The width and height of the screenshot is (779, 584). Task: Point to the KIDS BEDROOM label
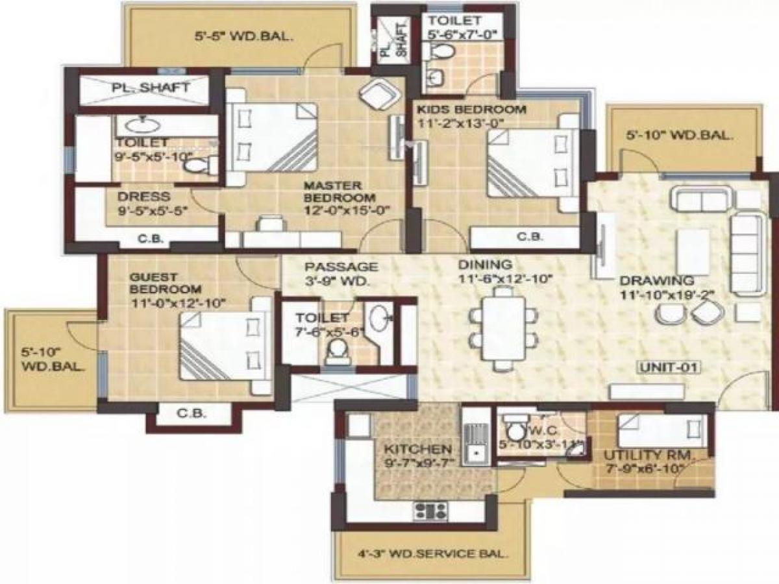[471, 108]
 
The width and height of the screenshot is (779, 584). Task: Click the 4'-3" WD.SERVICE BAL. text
[433, 555]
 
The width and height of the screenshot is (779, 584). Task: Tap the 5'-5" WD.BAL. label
[243, 37]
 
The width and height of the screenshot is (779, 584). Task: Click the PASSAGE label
[341, 267]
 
